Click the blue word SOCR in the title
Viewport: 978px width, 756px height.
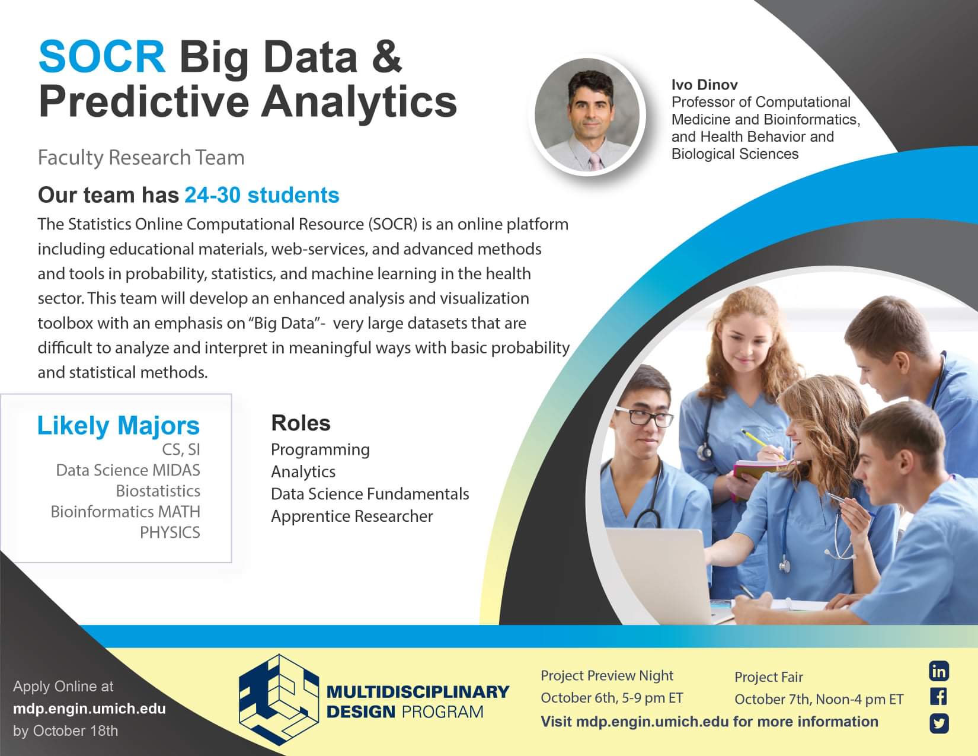102,57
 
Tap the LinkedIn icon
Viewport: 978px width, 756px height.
939,671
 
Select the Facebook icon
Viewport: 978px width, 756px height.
939,697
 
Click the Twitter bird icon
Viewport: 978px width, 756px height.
939,723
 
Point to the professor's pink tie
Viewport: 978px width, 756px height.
596,161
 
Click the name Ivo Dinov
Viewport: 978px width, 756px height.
704,85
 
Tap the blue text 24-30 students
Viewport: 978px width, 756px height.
262,195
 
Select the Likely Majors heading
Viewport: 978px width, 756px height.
119,425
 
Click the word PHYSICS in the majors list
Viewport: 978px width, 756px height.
170,532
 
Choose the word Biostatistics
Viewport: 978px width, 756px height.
158,491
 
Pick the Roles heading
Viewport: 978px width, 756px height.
301,423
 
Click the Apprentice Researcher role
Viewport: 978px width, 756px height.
352,516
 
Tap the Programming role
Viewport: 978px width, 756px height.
321,450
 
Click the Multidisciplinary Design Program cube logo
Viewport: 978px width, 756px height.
279,699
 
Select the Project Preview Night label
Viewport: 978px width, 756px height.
607,675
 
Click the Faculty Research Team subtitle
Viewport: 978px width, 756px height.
141,158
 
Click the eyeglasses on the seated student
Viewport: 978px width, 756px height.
644,417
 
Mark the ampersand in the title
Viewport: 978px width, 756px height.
386,57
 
